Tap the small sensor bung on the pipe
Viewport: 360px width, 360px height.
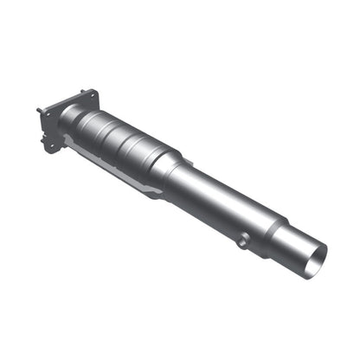[x=243, y=241]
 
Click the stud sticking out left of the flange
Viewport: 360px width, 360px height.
[x=40, y=111]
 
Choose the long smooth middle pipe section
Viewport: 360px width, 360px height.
[x=225, y=199]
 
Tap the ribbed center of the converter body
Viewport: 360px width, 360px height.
[x=125, y=138]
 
